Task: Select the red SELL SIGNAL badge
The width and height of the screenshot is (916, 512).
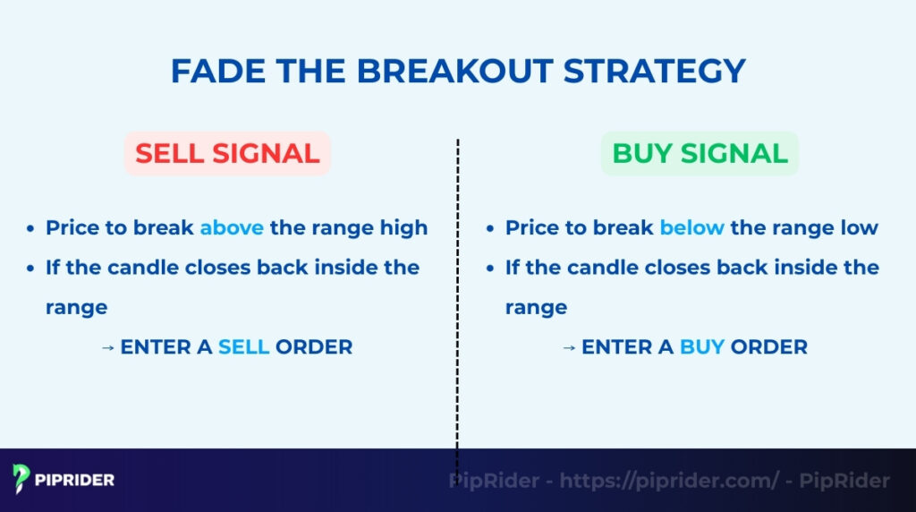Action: (x=227, y=153)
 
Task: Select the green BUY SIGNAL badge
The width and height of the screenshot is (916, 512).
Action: (x=700, y=153)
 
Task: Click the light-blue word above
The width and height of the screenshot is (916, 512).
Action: (x=232, y=227)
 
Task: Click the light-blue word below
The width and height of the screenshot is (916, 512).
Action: (x=691, y=227)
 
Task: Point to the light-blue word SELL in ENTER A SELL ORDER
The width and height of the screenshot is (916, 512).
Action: (x=243, y=346)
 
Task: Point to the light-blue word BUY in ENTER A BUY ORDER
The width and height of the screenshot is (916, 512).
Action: (x=702, y=346)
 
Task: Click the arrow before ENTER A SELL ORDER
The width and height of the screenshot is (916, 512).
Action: (x=109, y=347)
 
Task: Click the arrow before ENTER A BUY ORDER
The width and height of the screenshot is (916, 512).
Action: (x=569, y=347)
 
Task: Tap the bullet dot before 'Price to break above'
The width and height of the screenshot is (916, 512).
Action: (x=31, y=229)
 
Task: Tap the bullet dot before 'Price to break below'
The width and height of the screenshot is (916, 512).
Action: (x=490, y=229)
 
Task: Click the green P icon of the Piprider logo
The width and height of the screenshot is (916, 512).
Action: (x=21, y=479)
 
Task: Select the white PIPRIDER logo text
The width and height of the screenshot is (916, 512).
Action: (x=75, y=480)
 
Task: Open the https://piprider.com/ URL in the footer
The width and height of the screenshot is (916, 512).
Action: (x=669, y=481)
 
